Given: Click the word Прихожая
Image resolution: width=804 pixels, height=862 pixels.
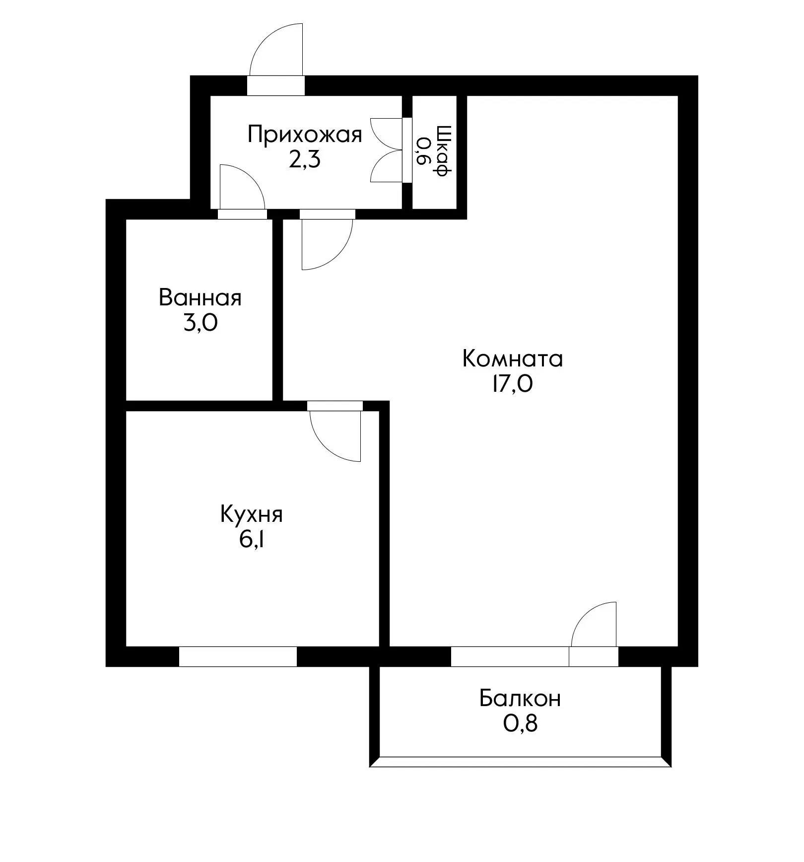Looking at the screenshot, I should (305, 135).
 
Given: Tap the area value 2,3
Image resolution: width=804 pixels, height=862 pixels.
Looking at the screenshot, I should (305, 160).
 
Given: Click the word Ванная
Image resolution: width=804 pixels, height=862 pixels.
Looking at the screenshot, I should (200, 298).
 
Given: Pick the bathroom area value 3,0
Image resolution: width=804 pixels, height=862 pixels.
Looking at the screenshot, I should (200, 323).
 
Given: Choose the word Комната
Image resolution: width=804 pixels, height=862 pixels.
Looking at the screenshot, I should (512, 359).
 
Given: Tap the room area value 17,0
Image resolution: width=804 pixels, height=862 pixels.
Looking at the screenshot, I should (512, 384).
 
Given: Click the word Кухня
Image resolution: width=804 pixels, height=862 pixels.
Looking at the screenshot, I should (251, 514).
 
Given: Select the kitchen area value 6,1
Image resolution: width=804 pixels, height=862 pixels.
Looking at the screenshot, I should (251, 540).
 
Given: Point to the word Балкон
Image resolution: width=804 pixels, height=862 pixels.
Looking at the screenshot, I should (520, 699).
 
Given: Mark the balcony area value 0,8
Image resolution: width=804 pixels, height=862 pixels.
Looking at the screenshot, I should (520, 724).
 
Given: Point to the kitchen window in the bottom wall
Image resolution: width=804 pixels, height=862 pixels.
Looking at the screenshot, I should (238, 656).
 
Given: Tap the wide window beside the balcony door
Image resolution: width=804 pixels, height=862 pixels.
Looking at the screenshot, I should (510, 656).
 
